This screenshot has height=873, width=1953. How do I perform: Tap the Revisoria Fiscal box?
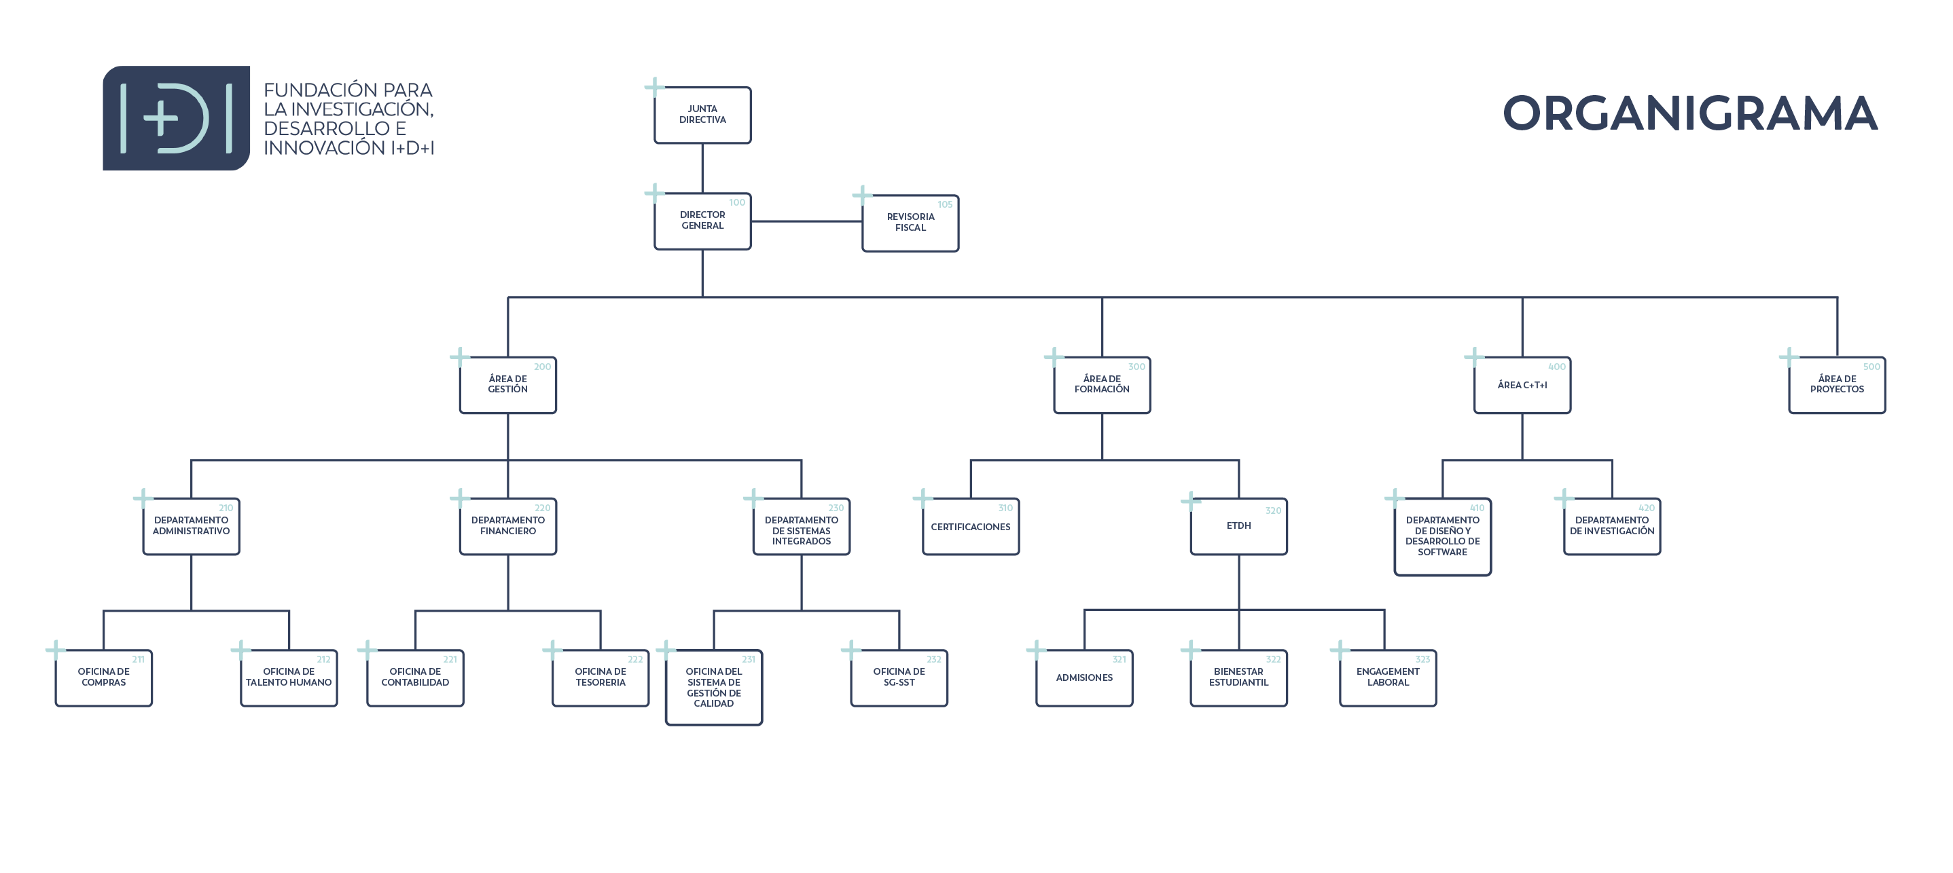[910, 223]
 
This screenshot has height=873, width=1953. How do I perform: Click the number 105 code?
[945, 204]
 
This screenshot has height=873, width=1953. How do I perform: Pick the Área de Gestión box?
[507, 385]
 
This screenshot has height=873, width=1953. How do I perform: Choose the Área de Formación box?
[1102, 385]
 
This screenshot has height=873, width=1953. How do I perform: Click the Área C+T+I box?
[1522, 385]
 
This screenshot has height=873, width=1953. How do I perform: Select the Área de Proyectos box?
[1836, 385]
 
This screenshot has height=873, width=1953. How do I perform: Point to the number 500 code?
[1871, 367]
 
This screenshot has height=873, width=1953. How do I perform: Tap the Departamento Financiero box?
[507, 527]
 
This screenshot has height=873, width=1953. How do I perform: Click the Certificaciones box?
[971, 527]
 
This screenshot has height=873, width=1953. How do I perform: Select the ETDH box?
[1239, 527]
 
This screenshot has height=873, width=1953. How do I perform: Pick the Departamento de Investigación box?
[1612, 527]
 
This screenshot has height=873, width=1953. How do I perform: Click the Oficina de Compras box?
[103, 678]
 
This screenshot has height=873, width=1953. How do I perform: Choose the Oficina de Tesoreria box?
[601, 678]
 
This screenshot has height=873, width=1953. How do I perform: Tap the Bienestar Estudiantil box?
[1239, 678]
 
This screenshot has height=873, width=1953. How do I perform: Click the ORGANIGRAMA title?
[1690, 113]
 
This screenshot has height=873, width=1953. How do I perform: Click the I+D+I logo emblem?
[176, 118]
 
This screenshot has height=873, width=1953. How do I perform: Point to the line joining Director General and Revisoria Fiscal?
[807, 221]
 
